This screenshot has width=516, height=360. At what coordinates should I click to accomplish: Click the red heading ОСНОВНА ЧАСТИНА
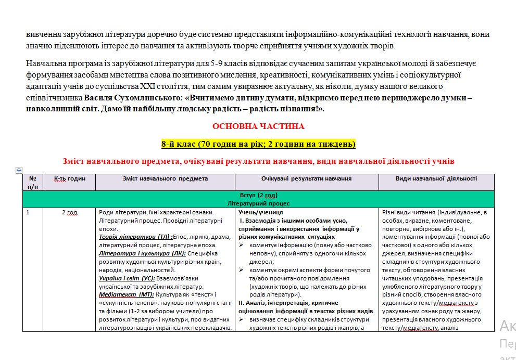click(258, 126)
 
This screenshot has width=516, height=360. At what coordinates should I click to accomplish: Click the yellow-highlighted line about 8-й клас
click(258, 144)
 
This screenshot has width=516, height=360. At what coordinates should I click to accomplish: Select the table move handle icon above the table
click(19, 170)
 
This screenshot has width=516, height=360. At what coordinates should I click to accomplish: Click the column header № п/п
click(33, 182)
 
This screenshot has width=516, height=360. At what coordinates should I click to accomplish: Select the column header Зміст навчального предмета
click(165, 178)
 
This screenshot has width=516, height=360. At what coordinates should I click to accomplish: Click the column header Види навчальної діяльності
click(436, 178)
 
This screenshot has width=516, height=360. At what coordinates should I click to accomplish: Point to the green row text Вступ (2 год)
click(258, 195)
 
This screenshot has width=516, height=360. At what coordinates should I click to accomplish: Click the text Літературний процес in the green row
click(258, 203)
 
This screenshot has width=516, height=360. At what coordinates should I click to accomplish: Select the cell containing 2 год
click(69, 213)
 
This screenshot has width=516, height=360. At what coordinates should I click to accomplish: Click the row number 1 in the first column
click(28, 213)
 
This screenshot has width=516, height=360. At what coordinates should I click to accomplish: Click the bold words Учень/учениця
click(260, 213)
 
